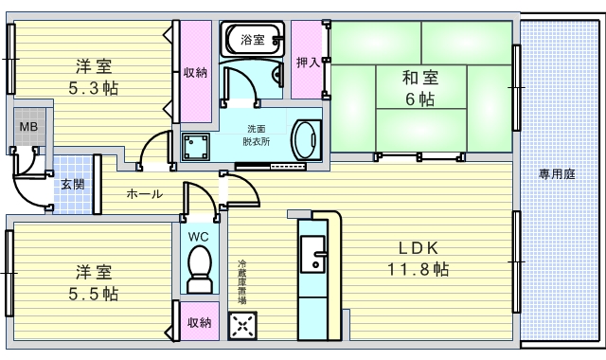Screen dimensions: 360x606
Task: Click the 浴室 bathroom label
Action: point(252,40)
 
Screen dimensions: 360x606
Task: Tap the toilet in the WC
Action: point(200,267)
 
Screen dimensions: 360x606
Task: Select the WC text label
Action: point(199,236)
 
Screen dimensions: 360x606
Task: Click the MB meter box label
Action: point(29,126)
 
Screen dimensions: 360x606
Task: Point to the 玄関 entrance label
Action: point(71,185)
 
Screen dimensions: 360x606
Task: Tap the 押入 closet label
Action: point(307,63)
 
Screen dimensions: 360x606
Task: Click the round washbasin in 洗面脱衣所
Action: point(305,138)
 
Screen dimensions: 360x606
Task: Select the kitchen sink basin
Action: point(312,252)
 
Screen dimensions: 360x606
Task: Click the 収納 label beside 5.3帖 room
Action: point(196,73)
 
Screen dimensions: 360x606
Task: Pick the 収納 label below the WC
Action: point(199,323)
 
